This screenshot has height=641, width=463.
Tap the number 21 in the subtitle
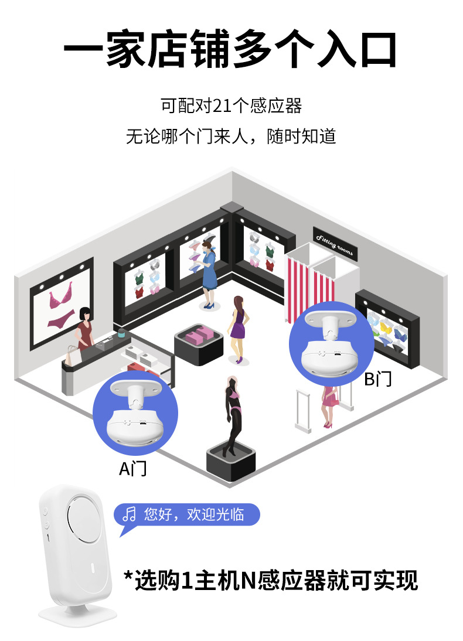pos(223,106)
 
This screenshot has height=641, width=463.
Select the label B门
pos(378,379)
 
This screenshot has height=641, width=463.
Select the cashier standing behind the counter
pos(86,328)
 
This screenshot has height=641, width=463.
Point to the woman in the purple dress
pos(237,326)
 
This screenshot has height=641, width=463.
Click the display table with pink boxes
pos(199,343)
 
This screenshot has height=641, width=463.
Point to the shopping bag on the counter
pos(72,354)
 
